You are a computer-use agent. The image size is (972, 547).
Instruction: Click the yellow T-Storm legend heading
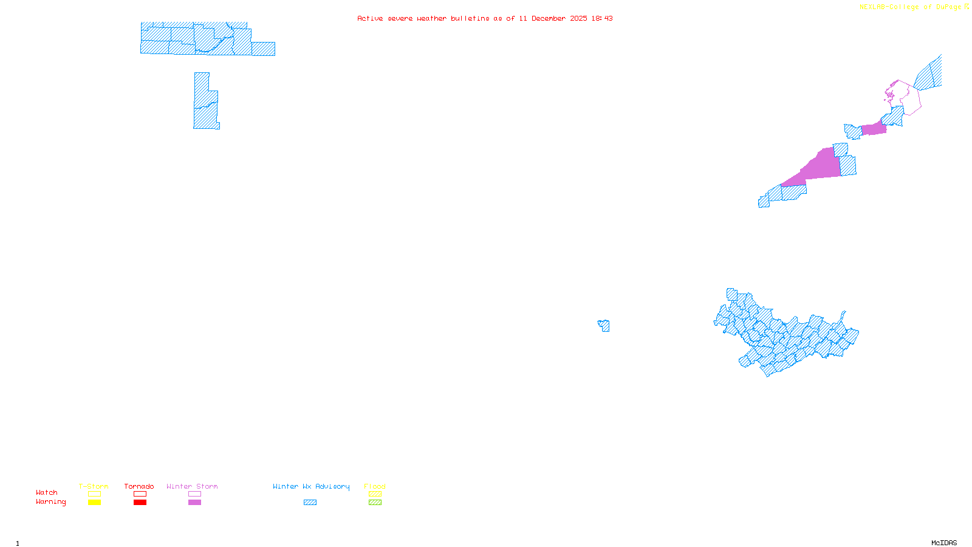click(x=94, y=486)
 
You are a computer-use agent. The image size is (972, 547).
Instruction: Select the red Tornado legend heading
click(x=139, y=486)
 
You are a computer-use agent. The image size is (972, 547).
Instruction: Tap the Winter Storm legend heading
click(x=192, y=486)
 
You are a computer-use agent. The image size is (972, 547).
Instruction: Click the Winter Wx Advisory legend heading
click(x=311, y=486)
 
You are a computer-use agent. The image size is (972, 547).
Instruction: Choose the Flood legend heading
click(x=375, y=486)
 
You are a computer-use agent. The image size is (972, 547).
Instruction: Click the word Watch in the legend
click(x=47, y=492)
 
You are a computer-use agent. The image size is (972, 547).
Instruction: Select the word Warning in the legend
click(x=51, y=502)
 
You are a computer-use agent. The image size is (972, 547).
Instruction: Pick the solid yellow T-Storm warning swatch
click(x=94, y=503)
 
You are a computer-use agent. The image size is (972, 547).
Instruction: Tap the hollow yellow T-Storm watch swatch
click(x=94, y=494)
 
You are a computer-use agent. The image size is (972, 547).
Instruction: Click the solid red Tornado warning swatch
click(x=140, y=503)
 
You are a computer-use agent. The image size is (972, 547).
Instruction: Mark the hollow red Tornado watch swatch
click(x=140, y=494)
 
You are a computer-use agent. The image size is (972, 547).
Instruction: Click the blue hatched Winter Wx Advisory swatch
click(x=310, y=503)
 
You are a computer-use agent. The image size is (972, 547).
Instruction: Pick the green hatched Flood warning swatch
click(x=375, y=503)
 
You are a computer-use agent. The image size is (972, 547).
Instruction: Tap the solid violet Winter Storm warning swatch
click(x=194, y=503)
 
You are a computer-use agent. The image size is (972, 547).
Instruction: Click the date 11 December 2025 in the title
click(x=553, y=18)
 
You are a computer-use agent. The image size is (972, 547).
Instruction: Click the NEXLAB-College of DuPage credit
click(x=910, y=7)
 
